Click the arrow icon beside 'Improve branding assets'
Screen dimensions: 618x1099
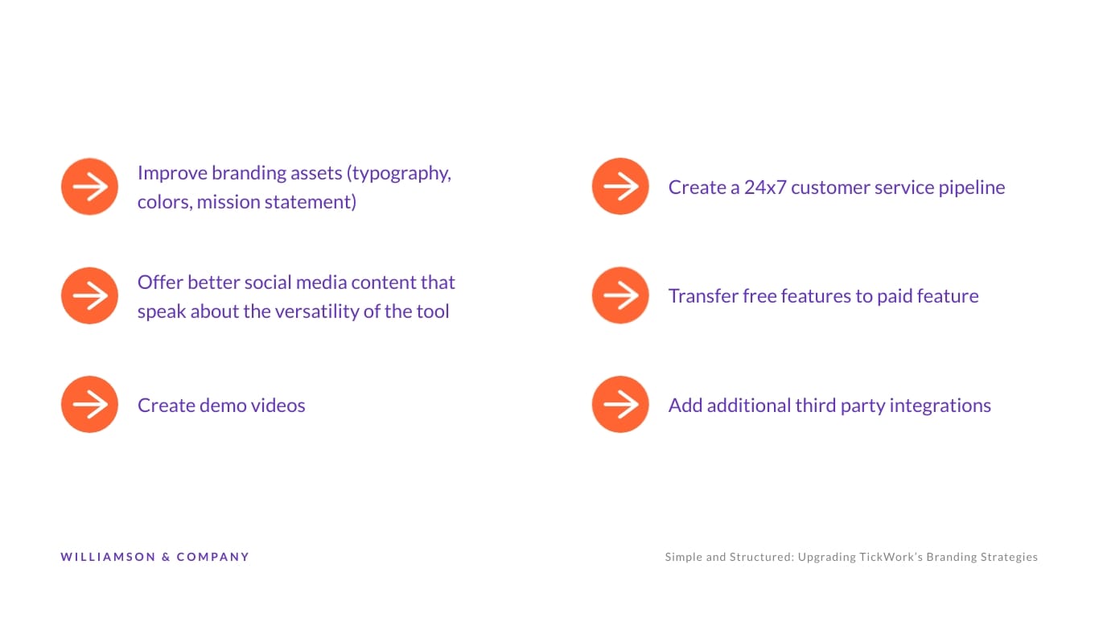(x=89, y=187)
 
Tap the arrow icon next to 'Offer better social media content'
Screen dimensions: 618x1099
(x=89, y=295)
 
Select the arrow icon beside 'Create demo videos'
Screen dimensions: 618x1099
(x=89, y=404)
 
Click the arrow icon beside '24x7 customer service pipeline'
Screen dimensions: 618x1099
(x=620, y=187)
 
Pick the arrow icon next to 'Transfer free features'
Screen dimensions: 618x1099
(x=620, y=295)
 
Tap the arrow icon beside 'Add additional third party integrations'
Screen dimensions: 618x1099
(x=620, y=404)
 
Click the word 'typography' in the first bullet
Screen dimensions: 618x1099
(x=398, y=173)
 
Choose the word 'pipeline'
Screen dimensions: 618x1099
(x=971, y=187)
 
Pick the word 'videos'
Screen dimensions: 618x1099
(x=276, y=405)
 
